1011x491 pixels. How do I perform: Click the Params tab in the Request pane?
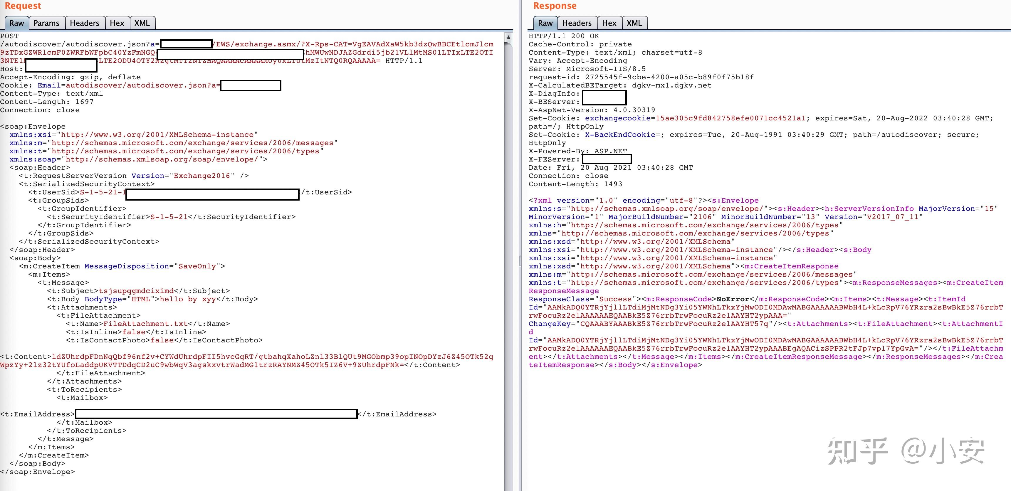(x=46, y=23)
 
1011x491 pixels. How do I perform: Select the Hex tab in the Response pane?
(x=609, y=23)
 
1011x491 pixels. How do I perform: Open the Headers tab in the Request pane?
(x=84, y=23)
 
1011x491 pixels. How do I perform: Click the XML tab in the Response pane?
(x=634, y=23)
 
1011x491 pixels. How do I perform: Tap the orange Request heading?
(x=23, y=6)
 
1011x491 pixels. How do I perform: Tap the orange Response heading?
(x=555, y=6)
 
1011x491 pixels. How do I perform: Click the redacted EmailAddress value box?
(x=216, y=414)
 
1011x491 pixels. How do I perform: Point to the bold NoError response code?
(x=733, y=299)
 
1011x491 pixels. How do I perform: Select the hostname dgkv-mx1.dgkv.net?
(x=671, y=85)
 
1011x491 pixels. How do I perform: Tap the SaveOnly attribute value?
(x=197, y=266)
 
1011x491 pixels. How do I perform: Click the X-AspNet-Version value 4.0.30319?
(x=634, y=110)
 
